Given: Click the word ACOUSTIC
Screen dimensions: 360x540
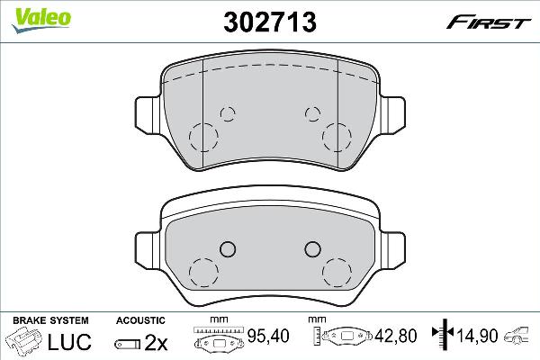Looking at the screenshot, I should [x=140, y=320].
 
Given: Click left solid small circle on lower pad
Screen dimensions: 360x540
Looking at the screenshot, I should [x=227, y=249].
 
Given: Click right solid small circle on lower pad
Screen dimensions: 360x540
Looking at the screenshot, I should [x=312, y=249].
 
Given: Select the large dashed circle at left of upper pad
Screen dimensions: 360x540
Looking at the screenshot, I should [x=203, y=137].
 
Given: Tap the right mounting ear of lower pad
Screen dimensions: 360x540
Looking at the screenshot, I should [x=394, y=247].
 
